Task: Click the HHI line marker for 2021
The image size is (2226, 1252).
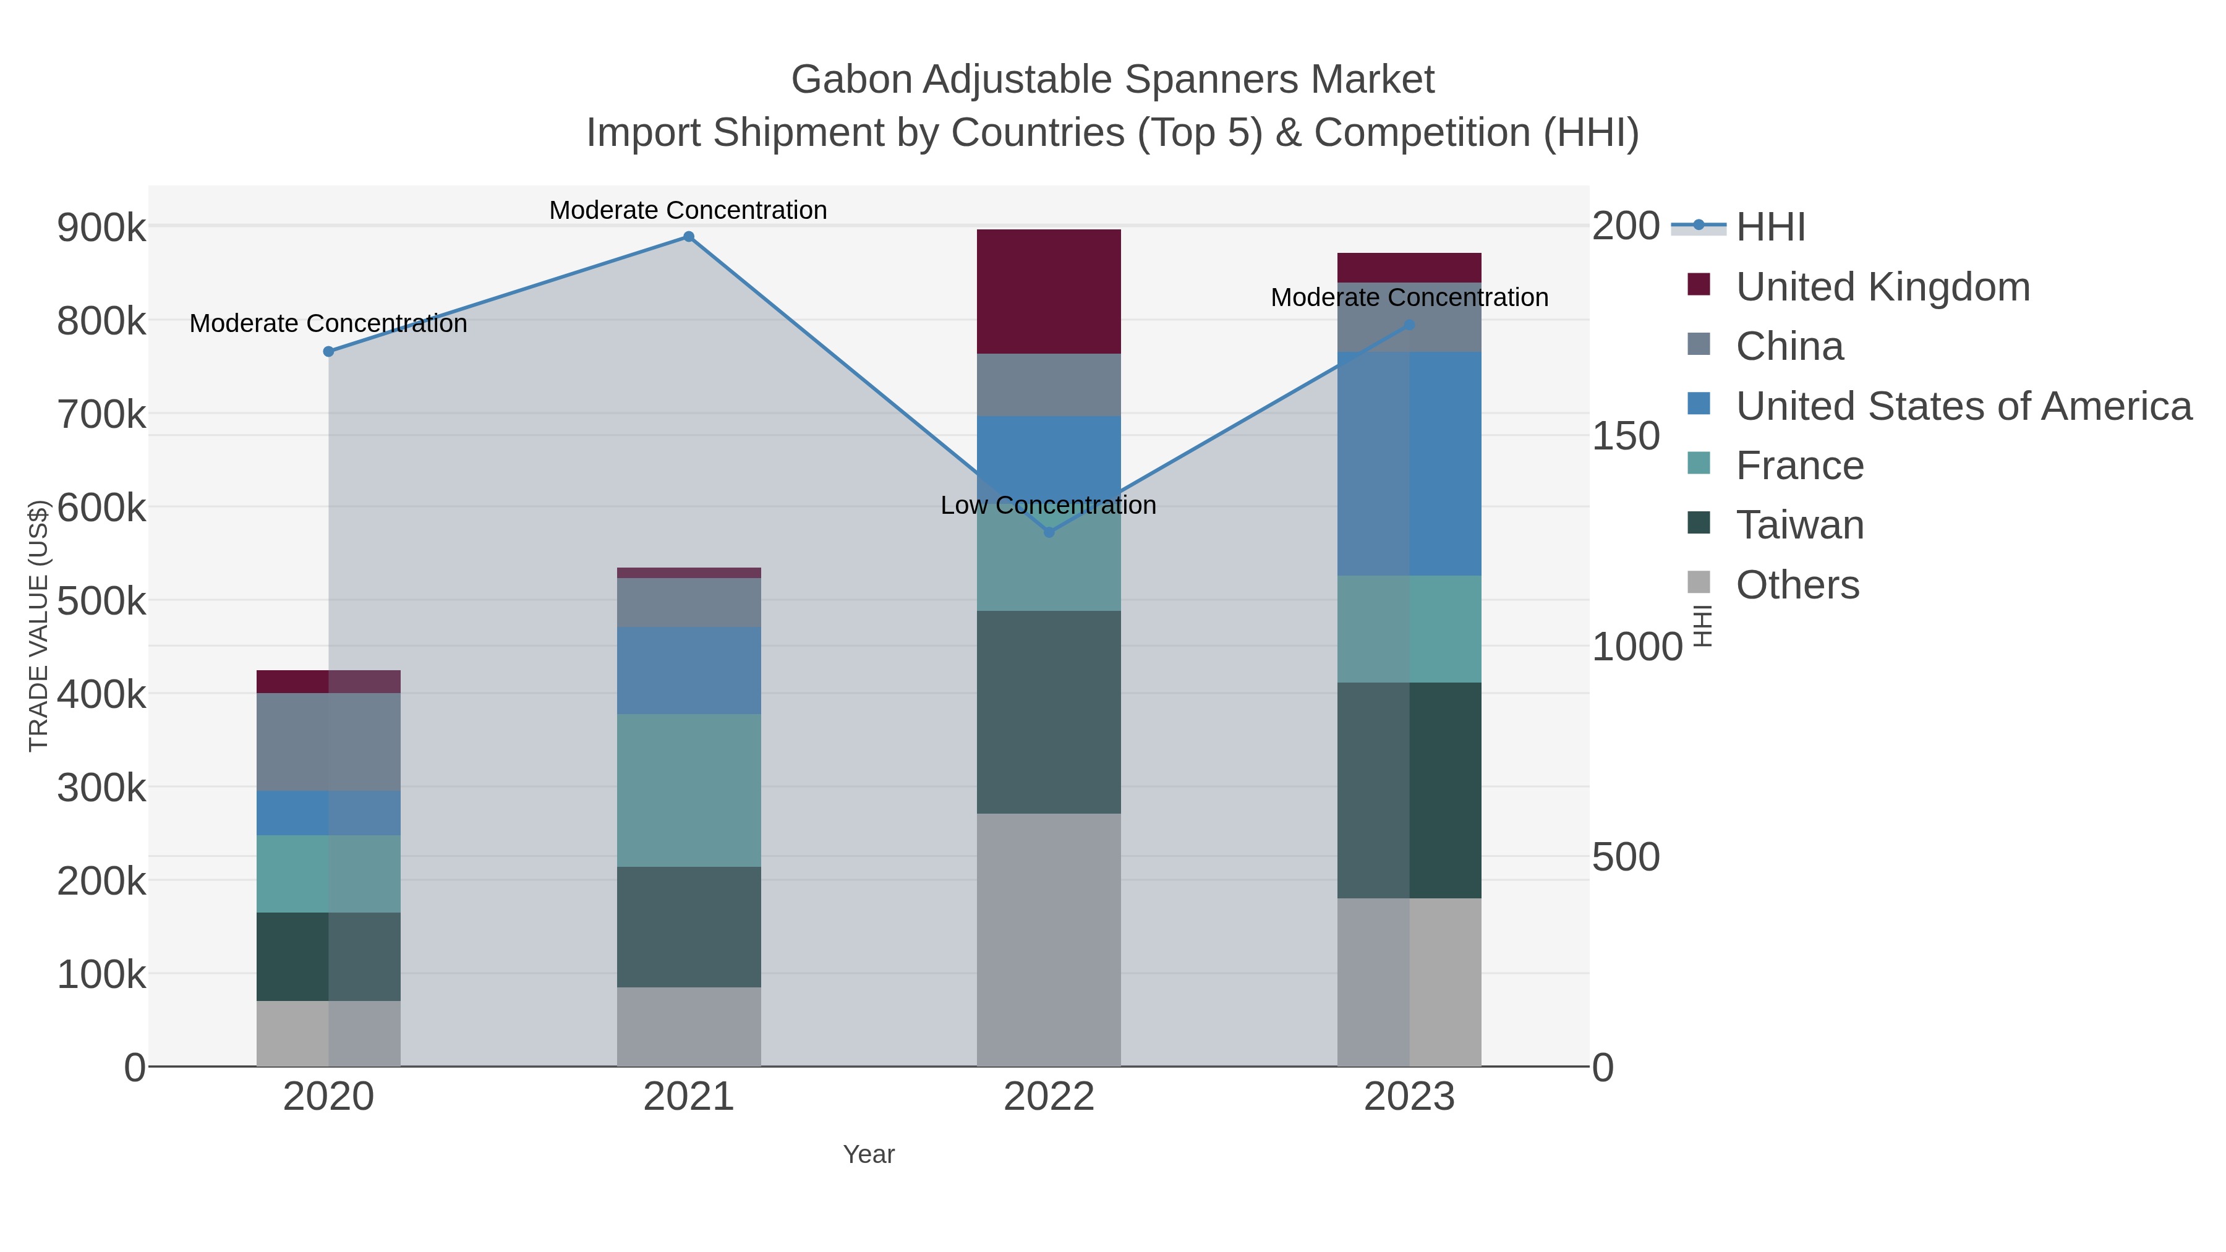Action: click(689, 237)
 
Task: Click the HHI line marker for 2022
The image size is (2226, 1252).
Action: click(1049, 532)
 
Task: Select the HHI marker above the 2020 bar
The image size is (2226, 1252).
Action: click(328, 352)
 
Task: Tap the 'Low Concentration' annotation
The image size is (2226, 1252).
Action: click(1047, 506)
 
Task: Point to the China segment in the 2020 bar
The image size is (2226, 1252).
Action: click(328, 741)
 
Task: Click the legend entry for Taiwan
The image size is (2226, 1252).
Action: click(1799, 526)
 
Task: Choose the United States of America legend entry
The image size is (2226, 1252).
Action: click(1963, 406)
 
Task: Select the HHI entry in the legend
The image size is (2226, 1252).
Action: click(1770, 228)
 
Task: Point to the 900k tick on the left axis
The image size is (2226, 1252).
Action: click(101, 228)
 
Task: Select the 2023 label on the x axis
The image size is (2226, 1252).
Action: click(1409, 1097)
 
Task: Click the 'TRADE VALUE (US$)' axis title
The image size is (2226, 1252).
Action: click(39, 626)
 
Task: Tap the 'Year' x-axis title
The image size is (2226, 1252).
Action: click(869, 1154)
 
